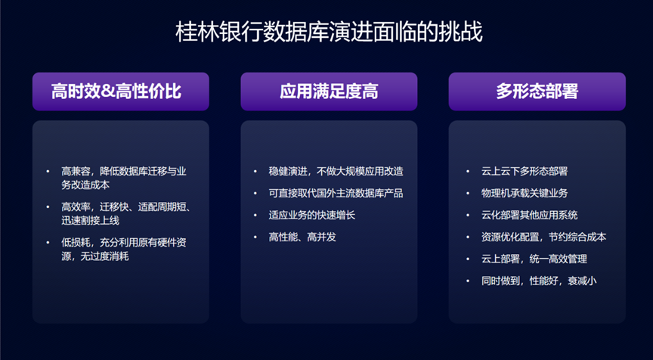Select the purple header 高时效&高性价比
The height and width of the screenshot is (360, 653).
pos(116,92)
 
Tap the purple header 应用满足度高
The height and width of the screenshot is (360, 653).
pos(329,92)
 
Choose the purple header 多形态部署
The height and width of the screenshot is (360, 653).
pos(537,92)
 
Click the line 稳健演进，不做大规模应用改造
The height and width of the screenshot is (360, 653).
pos(336,171)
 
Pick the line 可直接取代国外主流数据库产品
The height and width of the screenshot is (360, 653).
pos(336,193)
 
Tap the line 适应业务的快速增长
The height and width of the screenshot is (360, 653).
pos(312,215)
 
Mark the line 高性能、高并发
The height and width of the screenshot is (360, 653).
pos(302,237)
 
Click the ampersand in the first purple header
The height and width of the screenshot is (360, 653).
pos(107,92)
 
